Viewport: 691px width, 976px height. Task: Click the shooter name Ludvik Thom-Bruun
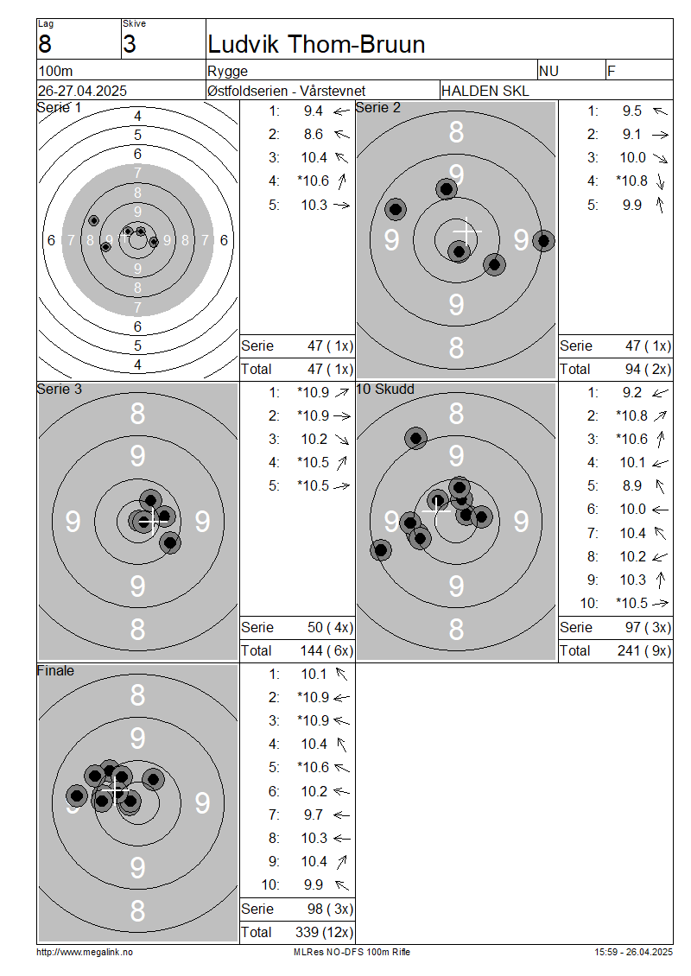[316, 45]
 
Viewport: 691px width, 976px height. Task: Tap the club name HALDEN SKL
[485, 91]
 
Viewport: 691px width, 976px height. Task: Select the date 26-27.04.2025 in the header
[83, 91]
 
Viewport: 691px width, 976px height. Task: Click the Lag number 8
[45, 44]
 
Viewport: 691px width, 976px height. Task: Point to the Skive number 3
[130, 44]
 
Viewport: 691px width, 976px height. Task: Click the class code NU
[548, 71]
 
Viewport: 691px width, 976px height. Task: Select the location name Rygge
[228, 72]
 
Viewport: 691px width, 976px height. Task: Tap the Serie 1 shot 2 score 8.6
[314, 135]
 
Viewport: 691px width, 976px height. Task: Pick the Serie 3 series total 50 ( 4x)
[331, 627]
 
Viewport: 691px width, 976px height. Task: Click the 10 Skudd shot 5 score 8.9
[632, 485]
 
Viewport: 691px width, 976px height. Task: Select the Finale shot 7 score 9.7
[314, 814]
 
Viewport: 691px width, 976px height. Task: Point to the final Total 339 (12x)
[324, 933]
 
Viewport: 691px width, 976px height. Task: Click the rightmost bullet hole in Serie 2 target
[543, 240]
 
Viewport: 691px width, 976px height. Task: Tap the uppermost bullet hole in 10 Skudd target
[415, 438]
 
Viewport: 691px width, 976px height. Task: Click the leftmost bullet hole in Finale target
[77, 795]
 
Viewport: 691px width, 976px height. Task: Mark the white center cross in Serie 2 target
[466, 231]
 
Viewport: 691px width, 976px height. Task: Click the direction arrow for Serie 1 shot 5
[342, 205]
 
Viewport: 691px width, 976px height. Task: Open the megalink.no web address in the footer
[85, 953]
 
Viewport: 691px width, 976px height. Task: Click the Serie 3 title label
[59, 390]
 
